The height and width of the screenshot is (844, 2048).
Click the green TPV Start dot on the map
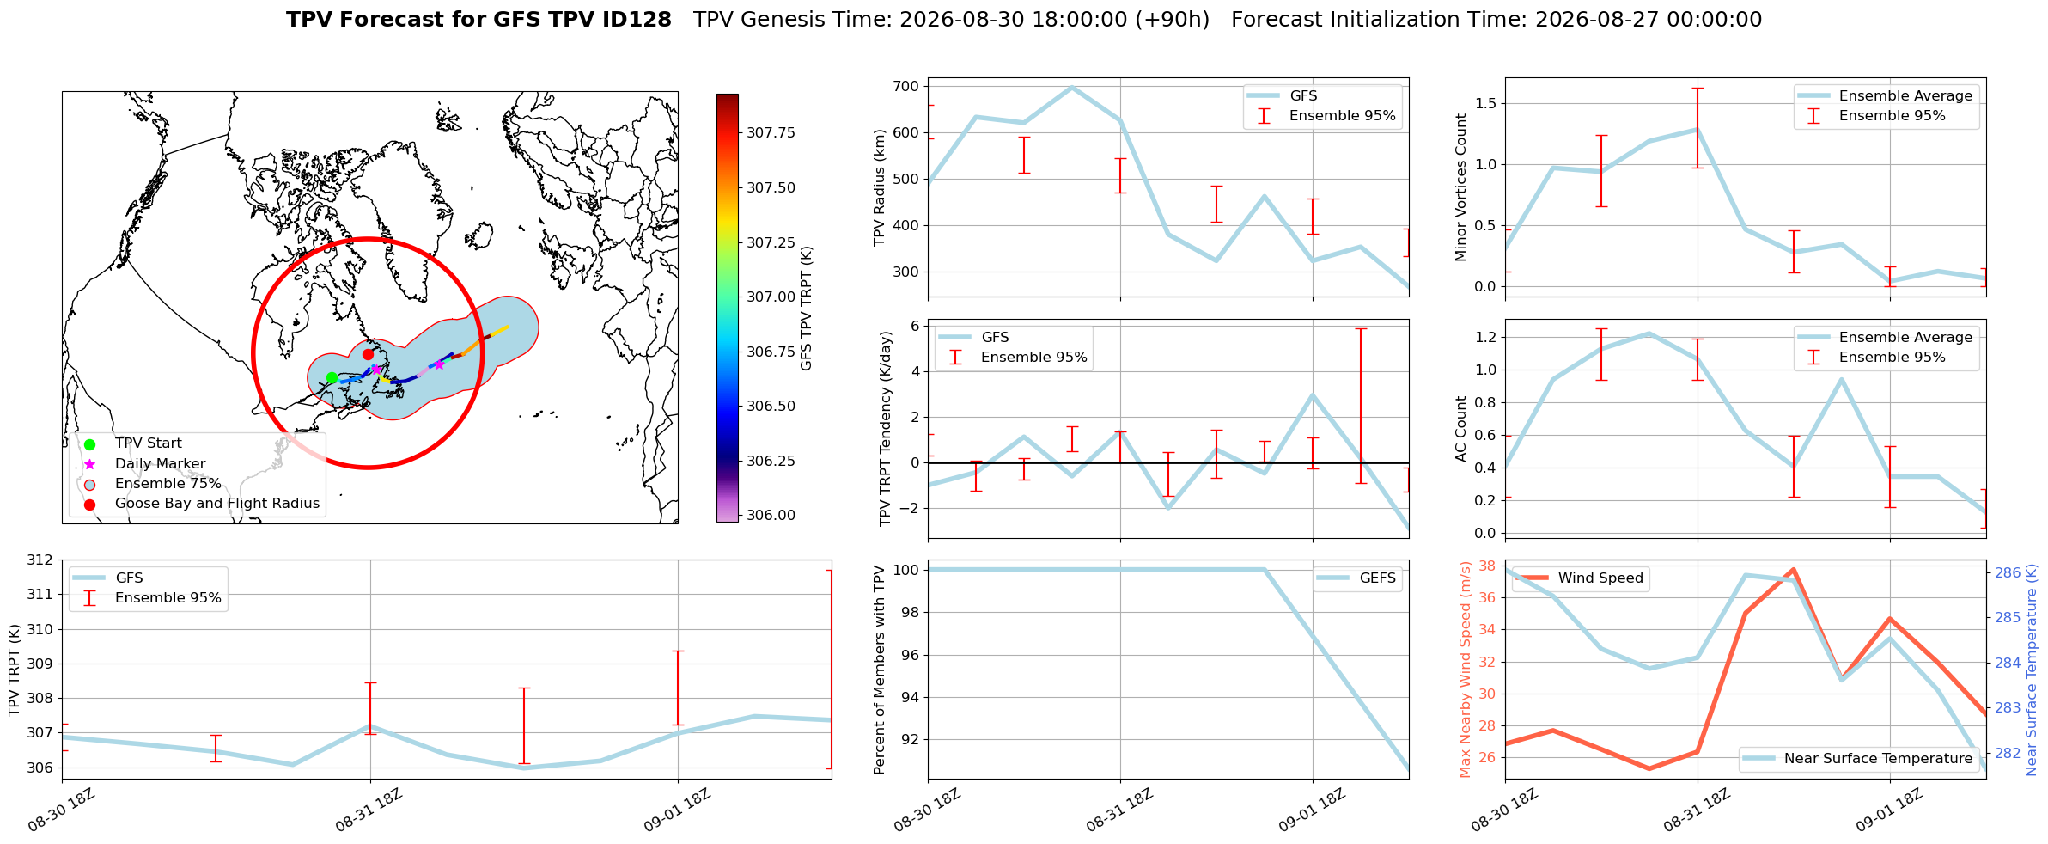point(332,377)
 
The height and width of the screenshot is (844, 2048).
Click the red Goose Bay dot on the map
point(368,354)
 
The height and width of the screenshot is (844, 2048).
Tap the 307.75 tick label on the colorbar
point(771,132)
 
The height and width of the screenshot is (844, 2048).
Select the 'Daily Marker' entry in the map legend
point(160,463)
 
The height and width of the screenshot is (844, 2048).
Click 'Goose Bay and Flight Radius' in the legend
point(217,504)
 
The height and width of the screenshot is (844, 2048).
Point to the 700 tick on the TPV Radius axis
point(907,86)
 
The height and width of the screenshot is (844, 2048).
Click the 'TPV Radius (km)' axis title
point(879,187)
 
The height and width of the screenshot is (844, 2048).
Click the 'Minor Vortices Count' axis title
point(1461,187)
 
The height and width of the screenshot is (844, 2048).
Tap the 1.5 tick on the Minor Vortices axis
point(1485,104)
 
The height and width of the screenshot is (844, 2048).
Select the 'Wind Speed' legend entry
point(1600,578)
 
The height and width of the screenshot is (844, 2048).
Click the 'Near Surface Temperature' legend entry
point(1878,758)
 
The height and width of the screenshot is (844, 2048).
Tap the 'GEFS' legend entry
point(1378,578)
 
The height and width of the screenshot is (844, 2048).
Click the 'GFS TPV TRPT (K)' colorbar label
point(806,309)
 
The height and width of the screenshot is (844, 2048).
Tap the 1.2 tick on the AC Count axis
point(1485,338)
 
